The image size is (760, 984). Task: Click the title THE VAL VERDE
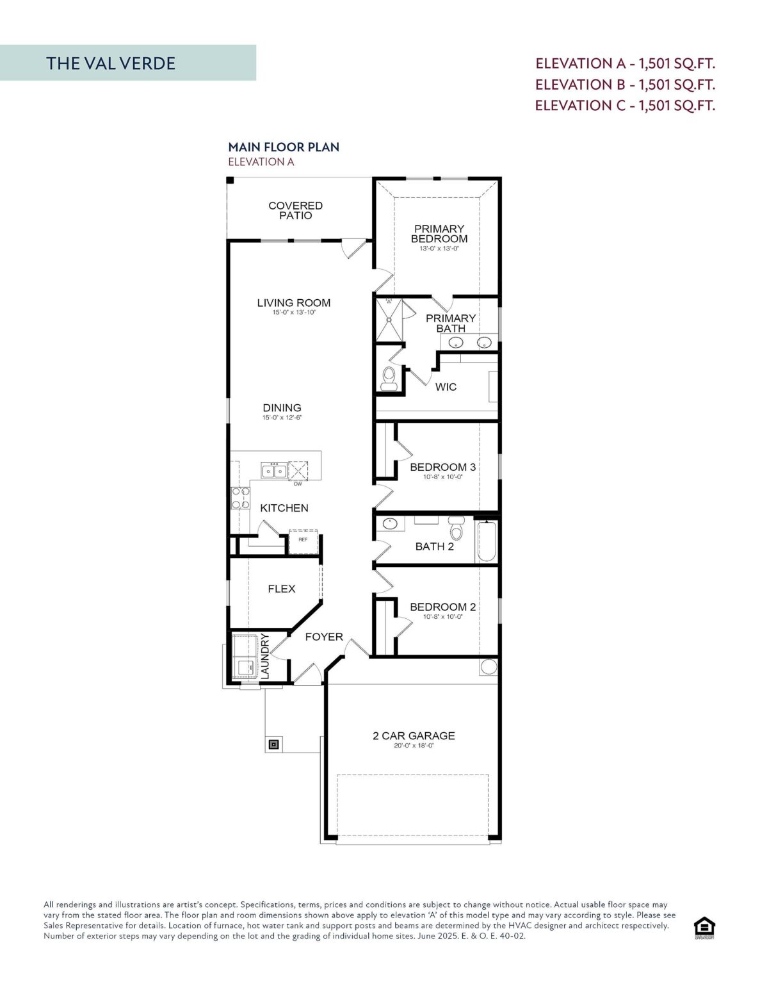click(x=111, y=63)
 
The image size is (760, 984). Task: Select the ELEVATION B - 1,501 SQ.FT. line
click(x=625, y=85)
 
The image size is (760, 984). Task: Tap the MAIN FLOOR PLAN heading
click(x=284, y=147)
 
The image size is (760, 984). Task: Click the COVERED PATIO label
click(x=295, y=210)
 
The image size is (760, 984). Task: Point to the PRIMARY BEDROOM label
click(x=439, y=234)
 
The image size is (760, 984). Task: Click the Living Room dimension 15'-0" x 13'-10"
click(x=294, y=313)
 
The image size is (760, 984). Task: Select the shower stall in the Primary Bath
click(x=389, y=318)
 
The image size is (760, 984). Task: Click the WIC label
click(x=446, y=387)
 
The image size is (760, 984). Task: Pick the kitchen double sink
click(x=274, y=471)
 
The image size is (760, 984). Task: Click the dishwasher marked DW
click(x=298, y=471)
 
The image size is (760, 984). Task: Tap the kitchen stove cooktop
click(x=241, y=498)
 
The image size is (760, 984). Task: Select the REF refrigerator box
click(x=303, y=541)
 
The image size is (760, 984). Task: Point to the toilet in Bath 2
click(x=456, y=529)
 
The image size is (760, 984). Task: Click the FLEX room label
click(x=281, y=589)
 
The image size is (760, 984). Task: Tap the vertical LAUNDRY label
click(x=265, y=656)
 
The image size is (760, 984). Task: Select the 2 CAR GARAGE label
click(x=414, y=736)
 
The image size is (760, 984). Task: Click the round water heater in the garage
click(x=489, y=667)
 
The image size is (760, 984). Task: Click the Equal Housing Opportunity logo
click(x=704, y=927)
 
